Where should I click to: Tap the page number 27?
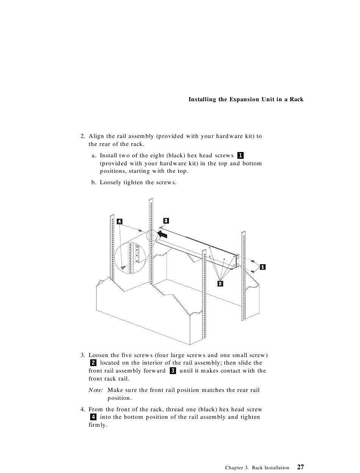(300, 467)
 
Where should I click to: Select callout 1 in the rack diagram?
(263, 267)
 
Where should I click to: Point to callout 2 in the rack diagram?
(220, 283)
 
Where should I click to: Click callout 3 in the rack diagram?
(166, 221)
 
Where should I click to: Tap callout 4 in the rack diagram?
(119, 221)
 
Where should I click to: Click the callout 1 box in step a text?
(240, 155)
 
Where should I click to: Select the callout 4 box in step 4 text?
(93, 417)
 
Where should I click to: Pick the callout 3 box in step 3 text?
(172, 371)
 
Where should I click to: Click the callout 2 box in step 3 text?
(93, 363)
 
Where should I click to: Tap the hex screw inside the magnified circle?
(123, 268)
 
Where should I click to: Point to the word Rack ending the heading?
(297, 100)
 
